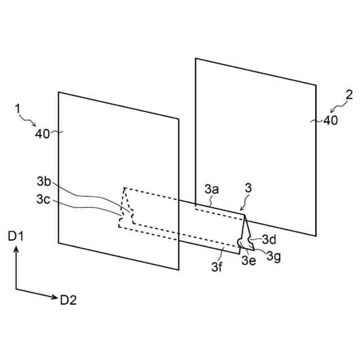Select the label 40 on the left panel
(43, 133)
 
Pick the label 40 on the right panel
(331, 120)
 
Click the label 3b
(44, 182)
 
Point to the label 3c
(44, 199)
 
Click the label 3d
(269, 239)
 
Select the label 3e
(249, 260)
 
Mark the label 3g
(274, 256)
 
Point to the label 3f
(217, 267)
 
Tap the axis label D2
(67, 300)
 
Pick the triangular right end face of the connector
(245, 231)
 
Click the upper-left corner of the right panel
(196, 58)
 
